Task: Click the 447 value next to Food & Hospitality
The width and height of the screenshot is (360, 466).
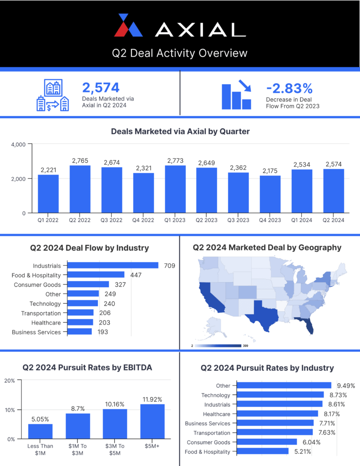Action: [x=136, y=275]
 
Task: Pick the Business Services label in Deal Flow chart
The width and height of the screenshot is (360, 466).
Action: [x=36, y=332]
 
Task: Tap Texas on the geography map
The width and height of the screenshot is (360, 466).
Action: [x=263, y=314]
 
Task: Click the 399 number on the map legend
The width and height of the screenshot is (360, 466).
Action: [x=246, y=346]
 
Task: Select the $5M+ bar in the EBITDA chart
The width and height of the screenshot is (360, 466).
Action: [x=152, y=421]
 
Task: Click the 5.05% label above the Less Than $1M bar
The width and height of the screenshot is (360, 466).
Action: [x=41, y=419]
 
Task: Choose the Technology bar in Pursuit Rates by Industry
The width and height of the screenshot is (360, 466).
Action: [x=280, y=395]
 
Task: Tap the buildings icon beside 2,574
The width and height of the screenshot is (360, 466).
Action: [x=53, y=96]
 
